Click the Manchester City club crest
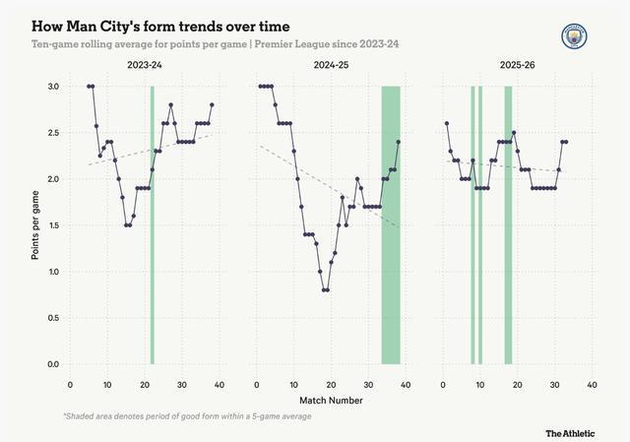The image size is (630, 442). pyautogui.click(x=574, y=36)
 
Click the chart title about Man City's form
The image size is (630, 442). pyautogui.click(x=160, y=27)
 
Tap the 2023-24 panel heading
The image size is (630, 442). pyautogui.click(x=145, y=65)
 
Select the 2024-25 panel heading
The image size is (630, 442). pyautogui.click(x=331, y=65)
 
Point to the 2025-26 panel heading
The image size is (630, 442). pyautogui.click(x=518, y=65)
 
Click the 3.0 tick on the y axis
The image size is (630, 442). pyautogui.click(x=53, y=87)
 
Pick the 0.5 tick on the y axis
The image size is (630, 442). pyautogui.click(x=53, y=318)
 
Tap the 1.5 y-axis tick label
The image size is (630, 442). pyautogui.click(x=53, y=225)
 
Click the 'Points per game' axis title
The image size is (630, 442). pyautogui.click(x=35, y=225)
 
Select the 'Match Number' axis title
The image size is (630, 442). pyautogui.click(x=331, y=401)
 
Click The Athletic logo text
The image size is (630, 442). pyautogui.click(x=570, y=433)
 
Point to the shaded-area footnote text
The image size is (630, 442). pyautogui.click(x=188, y=416)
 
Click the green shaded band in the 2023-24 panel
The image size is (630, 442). pyautogui.click(x=153, y=225)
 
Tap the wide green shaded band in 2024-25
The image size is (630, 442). pyautogui.click(x=391, y=225)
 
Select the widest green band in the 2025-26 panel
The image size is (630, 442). pyautogui.click(x=508, y=225)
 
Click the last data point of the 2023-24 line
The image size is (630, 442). pyautogui.click(x=212, y=105)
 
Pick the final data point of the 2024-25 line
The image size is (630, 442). pyautogui.click(x=398, y=142)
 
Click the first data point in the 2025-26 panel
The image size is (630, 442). pyautogui.click(x=447, y=123)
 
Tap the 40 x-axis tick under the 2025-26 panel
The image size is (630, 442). pyautogui.click(x=592, y=385)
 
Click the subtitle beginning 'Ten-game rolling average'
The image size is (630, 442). pyautogui.click(x=216, y=43)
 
